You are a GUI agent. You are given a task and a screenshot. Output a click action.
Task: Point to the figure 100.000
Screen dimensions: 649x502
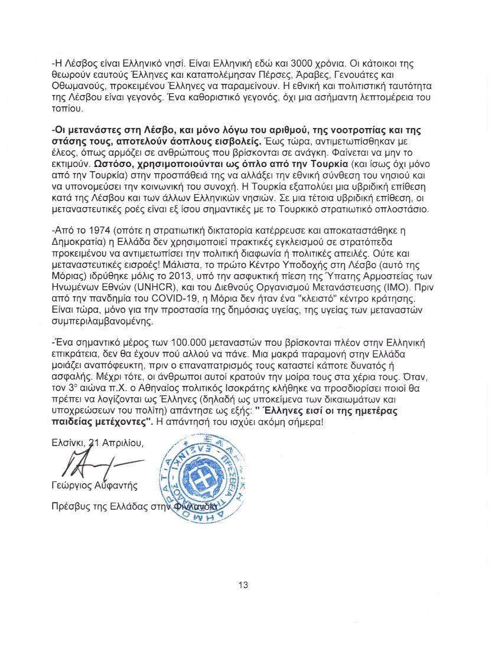click(x=190, y=343)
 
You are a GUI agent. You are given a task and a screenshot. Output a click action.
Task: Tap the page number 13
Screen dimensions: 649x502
click(x=243, y=585)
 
